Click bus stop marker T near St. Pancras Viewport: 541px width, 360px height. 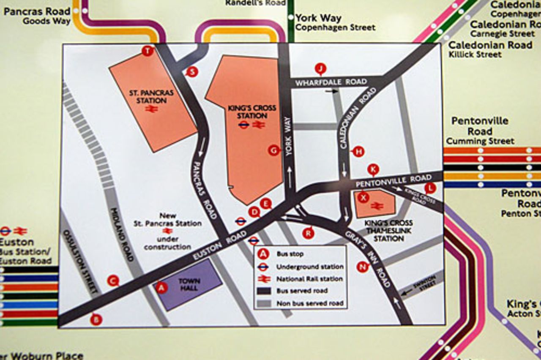(147, 51)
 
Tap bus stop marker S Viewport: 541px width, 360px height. (192, 72)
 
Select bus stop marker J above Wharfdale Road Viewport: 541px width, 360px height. (321, 68)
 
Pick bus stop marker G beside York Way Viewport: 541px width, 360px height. (274, 150)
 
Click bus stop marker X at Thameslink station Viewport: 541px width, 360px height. (363, 197)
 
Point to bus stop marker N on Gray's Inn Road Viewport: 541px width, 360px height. (362, 267)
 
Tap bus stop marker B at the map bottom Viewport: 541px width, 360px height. (96, 319)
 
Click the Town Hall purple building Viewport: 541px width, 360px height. (188, 284)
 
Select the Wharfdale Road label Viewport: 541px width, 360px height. (331, 82)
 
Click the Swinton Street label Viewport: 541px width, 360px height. (424, 282)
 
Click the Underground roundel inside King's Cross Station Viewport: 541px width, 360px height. (243, 125)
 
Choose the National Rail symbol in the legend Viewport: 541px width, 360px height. (264, 279)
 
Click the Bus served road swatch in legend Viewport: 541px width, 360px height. (264, 291)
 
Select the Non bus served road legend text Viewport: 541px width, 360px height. (310, 303)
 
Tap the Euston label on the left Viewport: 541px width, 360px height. (17, 243)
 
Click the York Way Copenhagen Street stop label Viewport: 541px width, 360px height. (335, 22)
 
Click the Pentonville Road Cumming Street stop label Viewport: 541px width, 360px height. (480, 131)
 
